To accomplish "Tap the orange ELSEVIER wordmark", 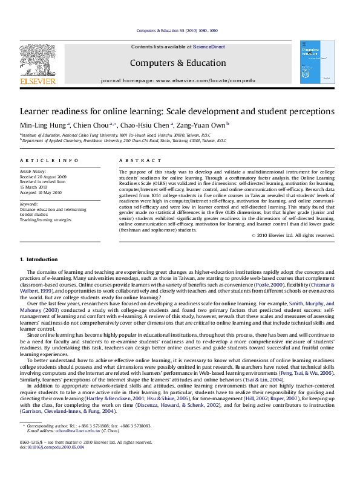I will (x=38, y=80).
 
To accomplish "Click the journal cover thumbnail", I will (x=317, y=62).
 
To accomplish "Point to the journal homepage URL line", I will (x=178, y=80).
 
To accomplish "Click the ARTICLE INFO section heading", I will (x=49, y=160).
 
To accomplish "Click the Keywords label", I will (x=30, y=204).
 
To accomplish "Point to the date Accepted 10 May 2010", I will (x=41, y=192).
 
